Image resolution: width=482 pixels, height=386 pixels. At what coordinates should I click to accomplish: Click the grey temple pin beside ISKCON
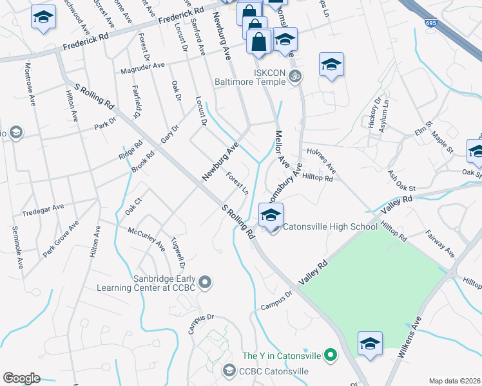(296, 76)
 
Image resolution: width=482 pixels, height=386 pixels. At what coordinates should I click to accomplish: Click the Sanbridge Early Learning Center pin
(205, 282)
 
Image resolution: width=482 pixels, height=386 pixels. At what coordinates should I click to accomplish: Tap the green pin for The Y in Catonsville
(331, 354)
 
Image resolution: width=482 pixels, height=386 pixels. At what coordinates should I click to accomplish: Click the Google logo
(21, 378)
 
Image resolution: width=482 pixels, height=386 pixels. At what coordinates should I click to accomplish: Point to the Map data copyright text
(455, 381)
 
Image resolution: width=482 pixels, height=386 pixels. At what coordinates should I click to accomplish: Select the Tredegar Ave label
(43, 207)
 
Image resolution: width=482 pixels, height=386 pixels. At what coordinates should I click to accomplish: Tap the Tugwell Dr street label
(178, 253)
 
